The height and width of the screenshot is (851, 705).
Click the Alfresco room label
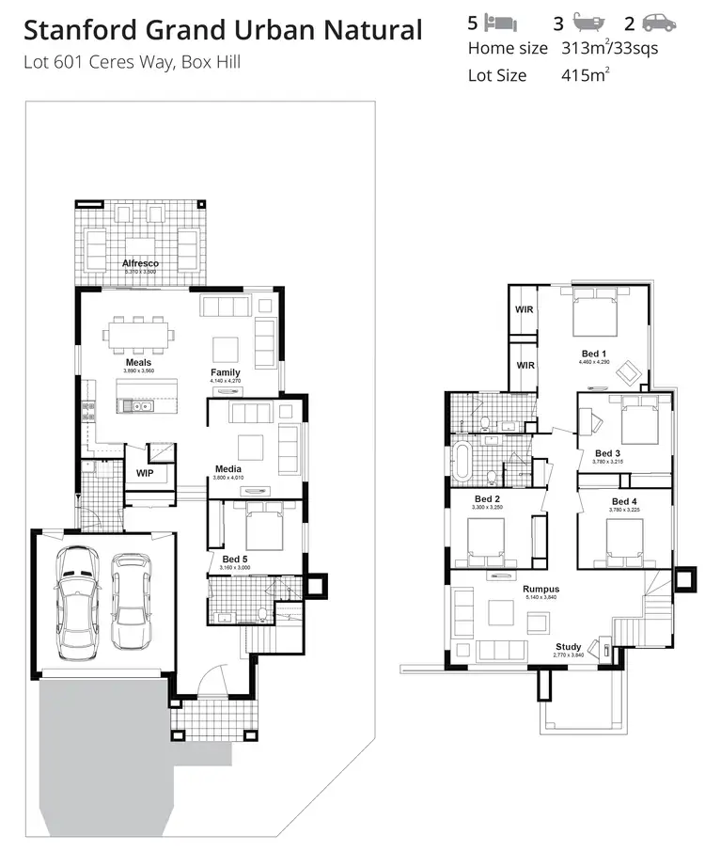pyautogui.click(x=140, y=263)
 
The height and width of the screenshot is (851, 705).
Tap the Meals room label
pyautogui.click(x=138, y=362)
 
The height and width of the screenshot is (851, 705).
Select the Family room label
pyautogui.click(x=225, y=372)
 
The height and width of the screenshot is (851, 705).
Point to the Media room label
pyautogui.click(x=227, y=469)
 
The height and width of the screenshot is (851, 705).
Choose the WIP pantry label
pyautogui.click(x=145, y=473)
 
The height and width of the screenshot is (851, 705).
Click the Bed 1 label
pyautogui.click(x=594, y=353)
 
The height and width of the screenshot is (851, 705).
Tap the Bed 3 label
pyautogui.click(x=608, y=453)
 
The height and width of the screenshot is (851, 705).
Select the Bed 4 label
pyautogui.click(x=624, y=501)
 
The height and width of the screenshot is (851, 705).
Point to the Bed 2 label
pyautogui.click(x=486, y=498)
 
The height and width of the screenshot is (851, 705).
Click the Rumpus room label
pyautogui.click(x=540, y=590)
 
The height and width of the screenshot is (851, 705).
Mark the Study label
pyautogui.click(x=568, y=647)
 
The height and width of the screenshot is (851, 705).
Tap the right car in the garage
pyautogui.click(x=131, y=600)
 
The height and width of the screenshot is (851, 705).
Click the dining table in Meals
pyautogui.click(x=137, y=334)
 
